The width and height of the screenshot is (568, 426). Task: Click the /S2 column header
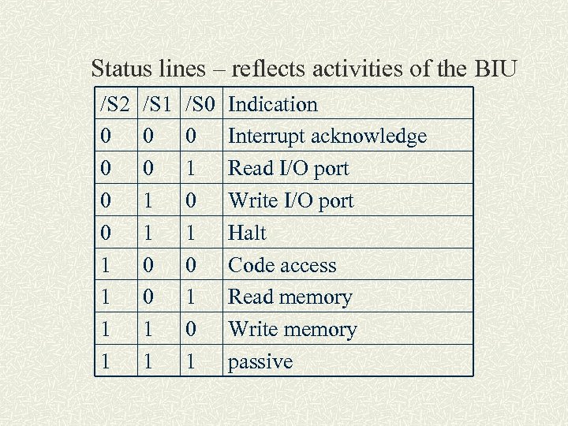pos(117,104)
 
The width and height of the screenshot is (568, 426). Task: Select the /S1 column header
pos(159,104)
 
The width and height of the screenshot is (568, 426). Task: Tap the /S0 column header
pos(203,104)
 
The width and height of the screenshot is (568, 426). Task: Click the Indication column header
pos(273,104)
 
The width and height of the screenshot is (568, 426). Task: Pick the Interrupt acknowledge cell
pos(327,136)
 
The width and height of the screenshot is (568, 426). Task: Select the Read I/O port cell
pos(288,169)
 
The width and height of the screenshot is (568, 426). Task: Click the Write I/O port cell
pos(291,201)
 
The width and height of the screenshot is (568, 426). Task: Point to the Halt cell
pos(247,234)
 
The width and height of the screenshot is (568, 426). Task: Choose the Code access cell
pos(282,266)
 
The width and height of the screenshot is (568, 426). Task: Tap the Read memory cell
pos(290,297)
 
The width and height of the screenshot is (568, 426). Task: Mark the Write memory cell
pos(293,330)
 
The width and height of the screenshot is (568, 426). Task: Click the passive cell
pos(260,363)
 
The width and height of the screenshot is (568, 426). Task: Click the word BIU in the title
pos(495,69)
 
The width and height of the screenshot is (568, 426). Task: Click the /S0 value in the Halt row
pos(191,234)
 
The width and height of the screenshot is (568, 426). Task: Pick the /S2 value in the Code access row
pos(106,266)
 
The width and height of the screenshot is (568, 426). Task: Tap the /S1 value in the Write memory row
pos(148,330)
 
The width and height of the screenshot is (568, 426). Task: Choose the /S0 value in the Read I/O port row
pos(191,169)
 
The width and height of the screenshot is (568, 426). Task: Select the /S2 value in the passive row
pos(106,362)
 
